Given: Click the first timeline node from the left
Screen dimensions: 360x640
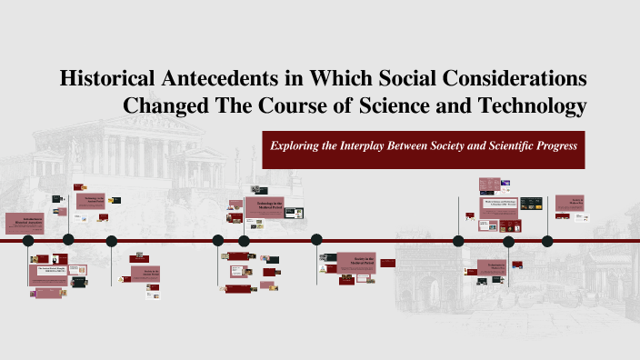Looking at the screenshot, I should click(28, 241).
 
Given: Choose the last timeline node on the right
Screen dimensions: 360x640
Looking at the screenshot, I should click(547, 241).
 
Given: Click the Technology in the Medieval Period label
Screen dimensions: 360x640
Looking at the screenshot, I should click(265, 207).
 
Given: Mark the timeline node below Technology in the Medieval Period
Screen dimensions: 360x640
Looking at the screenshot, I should click(244, 241).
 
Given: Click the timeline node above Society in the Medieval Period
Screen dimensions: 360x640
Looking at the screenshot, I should click(316, 241).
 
